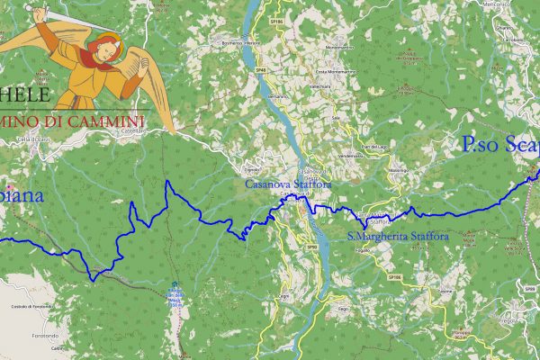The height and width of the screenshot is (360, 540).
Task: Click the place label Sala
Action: pyautogui.click(x=335, y=117)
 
